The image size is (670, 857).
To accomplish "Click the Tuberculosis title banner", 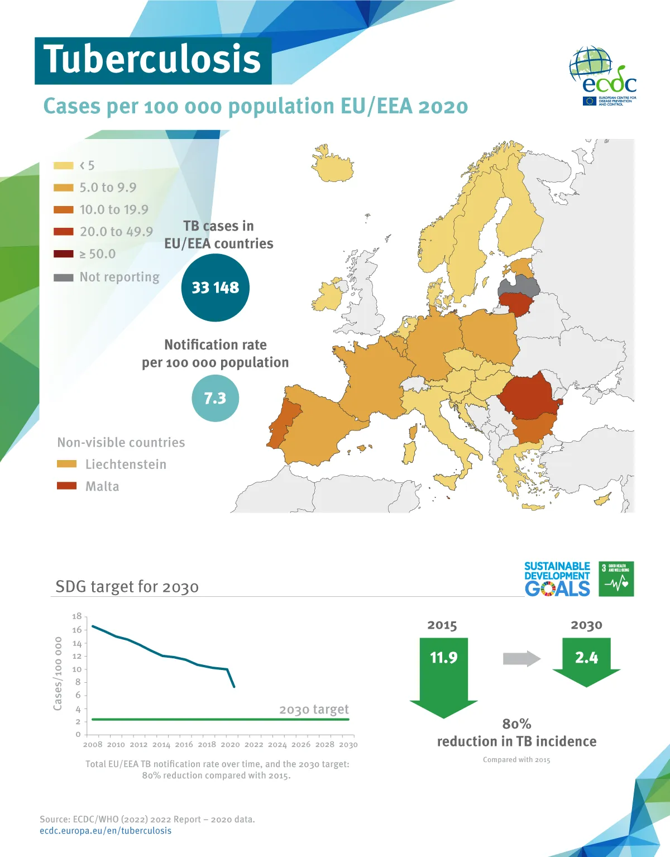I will [x=152, y=60].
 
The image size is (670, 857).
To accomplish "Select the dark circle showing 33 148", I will [x=216, y=288].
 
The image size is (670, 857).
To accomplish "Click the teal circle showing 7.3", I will [x=215, y=398].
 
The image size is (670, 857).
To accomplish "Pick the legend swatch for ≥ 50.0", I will [x=63, y=254].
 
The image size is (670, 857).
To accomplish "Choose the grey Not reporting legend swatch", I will [x=63, y=277].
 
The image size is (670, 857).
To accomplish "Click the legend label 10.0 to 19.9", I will [x=114, y=209].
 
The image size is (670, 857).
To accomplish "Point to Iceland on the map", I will [x=333, y=165].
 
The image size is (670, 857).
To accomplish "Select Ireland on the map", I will [x=328, y=296].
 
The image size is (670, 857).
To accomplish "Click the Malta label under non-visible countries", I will [x=102, y=486].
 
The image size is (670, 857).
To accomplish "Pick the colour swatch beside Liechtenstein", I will [x=66, y=464].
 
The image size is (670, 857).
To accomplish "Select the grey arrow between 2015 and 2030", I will [x=521, y=659].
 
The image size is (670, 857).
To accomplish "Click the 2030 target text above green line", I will [x=314, y=709].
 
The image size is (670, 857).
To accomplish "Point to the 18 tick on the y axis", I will [x=76, y=616].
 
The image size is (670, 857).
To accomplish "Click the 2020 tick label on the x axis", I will [x=230, y=744].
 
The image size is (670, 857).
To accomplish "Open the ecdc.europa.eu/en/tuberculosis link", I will [x=106, y=831].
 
